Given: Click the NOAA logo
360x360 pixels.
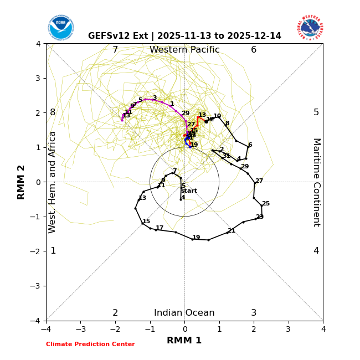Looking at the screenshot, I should point(60,27).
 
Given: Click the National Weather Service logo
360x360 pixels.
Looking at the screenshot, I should point(310,27).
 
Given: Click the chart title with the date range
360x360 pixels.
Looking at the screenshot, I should point(184,36).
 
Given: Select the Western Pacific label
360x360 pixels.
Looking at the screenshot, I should point(184,50).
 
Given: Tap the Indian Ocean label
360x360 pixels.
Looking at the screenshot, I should point(184,313).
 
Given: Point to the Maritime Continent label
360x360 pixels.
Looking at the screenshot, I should point(316,182).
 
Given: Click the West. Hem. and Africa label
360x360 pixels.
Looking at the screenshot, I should point(53,182).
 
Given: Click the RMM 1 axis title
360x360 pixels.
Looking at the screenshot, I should point(184,340).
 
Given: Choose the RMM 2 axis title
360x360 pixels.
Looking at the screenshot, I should point(22,182).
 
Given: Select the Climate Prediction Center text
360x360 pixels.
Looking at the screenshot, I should point(90,344).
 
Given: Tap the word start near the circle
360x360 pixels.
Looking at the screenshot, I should point(189,191).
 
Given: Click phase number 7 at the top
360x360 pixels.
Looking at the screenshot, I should point(115,50).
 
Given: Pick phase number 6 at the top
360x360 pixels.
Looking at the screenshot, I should point(254,50).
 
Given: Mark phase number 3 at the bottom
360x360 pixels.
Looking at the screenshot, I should point(254,313).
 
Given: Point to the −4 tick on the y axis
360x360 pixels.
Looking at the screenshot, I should point(38,321).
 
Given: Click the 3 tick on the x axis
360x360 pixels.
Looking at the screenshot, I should point(288,330).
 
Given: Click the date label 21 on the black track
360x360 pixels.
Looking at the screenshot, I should point(232,231).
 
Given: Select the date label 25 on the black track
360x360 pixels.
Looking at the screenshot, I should point(266,204).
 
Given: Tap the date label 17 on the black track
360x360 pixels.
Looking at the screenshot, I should point(160,228).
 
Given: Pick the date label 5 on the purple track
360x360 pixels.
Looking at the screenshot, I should point(140,100).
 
